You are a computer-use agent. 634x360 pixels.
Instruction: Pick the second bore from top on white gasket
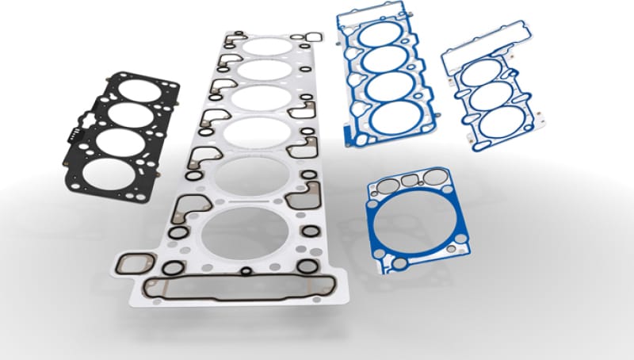coord(263,71)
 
